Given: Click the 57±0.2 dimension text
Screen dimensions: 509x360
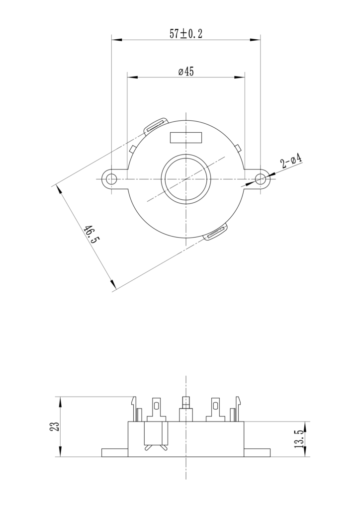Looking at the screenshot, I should point(186,34).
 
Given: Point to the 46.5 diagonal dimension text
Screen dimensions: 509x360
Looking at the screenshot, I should point(91,234).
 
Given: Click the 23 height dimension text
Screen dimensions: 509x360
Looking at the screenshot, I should point(54,426).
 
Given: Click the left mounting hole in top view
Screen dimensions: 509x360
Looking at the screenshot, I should point(112,178).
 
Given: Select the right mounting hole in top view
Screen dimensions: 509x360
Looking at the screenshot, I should point(260,178).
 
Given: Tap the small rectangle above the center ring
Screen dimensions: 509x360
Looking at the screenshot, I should point(186,137).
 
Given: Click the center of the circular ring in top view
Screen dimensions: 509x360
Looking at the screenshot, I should point(186,178).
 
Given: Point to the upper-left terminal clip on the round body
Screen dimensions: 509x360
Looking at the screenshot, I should point(156,125).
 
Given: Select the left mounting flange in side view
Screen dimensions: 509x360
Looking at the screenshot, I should point(115,452).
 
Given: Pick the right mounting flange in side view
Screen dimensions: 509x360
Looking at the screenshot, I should point(257,452).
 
